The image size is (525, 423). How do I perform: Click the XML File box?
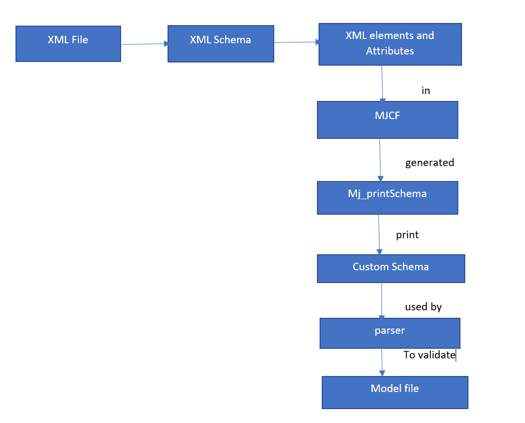[68, 44]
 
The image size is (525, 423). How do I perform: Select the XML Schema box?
[221, 44]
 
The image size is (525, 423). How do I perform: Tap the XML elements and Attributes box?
[390, 44]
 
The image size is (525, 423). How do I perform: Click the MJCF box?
[387, 120]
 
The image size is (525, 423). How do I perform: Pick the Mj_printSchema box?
[387, 198]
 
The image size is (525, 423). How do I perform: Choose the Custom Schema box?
[391, 269]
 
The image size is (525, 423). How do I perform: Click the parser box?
[389, 333]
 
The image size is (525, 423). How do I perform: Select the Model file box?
[395, 393]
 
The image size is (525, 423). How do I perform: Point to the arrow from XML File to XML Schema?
[144, 44]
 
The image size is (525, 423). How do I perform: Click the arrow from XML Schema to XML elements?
[297, 42]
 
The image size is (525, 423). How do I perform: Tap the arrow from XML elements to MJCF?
[383, 83]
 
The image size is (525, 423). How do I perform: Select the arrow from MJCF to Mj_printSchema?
[380, 160]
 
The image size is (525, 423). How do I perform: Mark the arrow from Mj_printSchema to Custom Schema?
[379, 234]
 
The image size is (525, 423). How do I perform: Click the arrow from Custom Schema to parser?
[381, 301]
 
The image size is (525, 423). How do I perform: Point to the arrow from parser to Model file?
[382, 362]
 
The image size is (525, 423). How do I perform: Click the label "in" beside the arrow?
[426, 90]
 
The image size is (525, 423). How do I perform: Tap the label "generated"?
[429, 162]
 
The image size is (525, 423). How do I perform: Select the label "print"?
[407, 234]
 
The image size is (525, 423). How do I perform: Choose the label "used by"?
[423, 307]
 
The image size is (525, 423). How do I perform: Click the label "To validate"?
[429, 355]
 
